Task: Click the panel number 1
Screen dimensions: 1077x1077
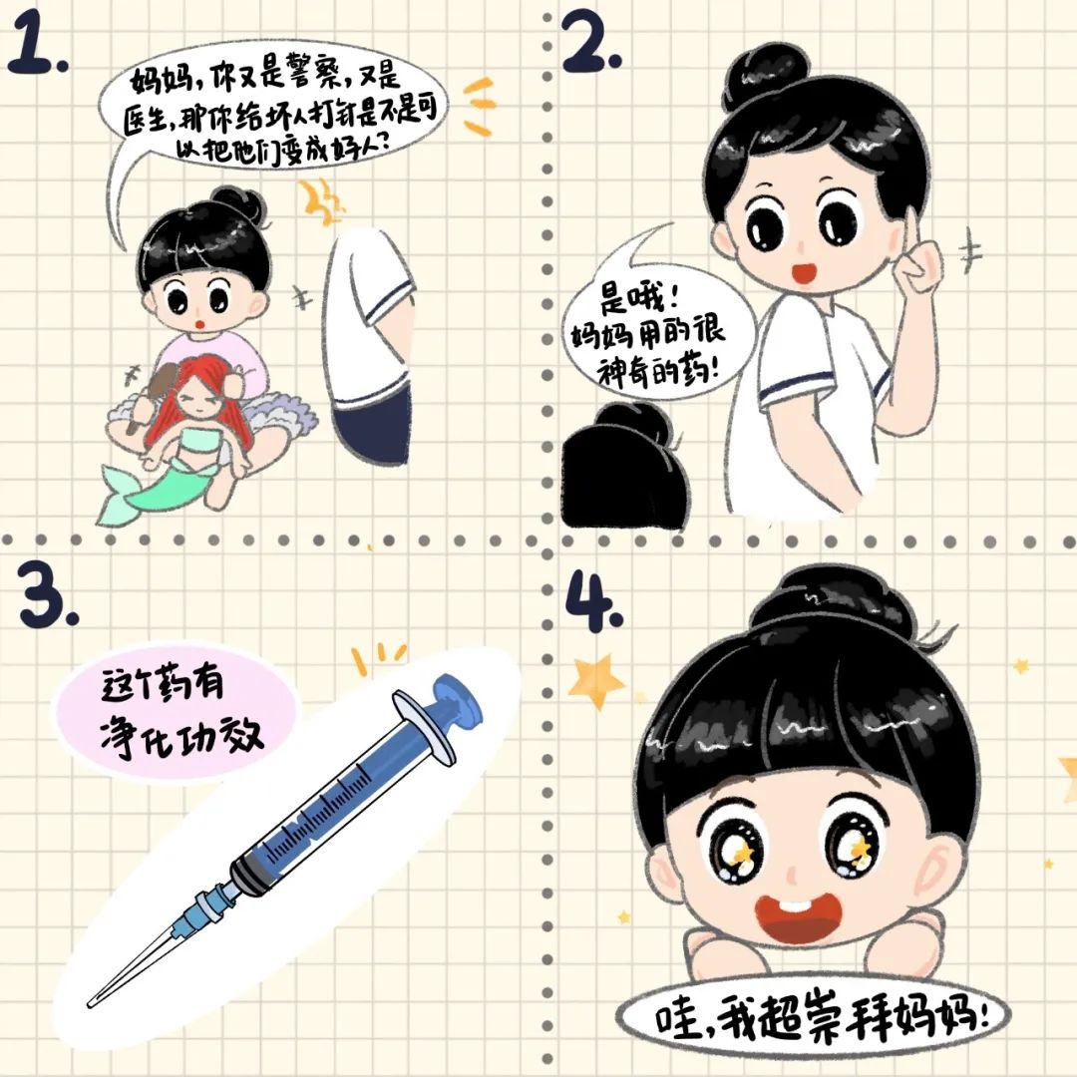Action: pyautogui.click(x=36, y=47)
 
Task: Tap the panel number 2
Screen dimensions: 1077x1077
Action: pyautogui.click(x=590, y=43)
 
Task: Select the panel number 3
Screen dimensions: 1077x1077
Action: pyautogui.click(x=48, y=594)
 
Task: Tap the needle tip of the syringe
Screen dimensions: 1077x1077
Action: pyautogui.click(x=91, y=1004)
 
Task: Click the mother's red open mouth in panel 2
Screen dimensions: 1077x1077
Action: pyautogui.click(x=803, y=272)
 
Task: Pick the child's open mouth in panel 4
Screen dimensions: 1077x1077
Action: pyautogui.click(x=798, y=918)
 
